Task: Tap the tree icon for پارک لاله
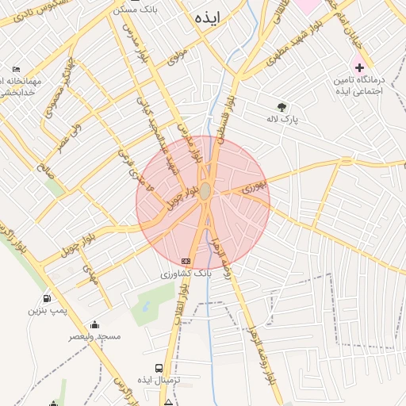(282, 107)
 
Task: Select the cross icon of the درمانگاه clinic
(359, 67)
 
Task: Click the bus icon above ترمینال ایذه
(159, 368)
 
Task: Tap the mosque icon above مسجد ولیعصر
(95, 324)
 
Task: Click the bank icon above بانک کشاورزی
(186, 261)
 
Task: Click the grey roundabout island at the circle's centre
(205, 191)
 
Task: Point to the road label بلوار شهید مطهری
(277, 56)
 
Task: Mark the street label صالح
(44, 166)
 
